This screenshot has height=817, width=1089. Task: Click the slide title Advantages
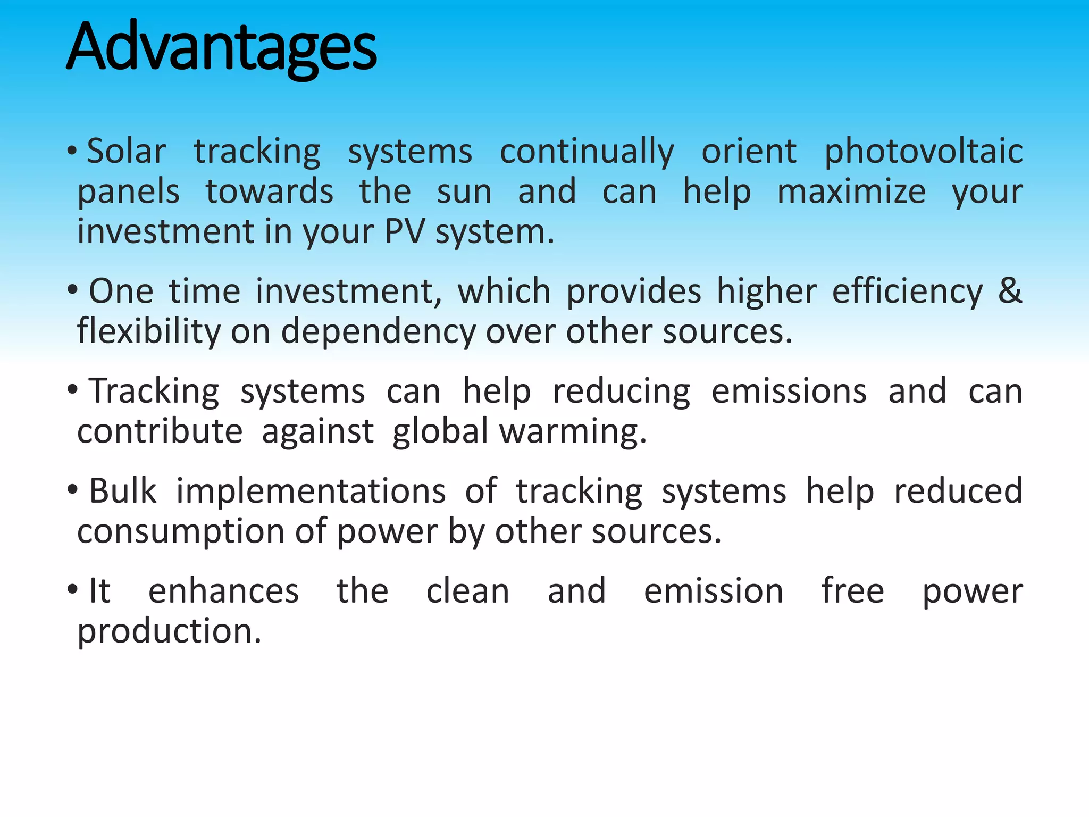[x=221, y=48]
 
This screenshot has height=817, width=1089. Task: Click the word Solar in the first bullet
[x=126, y=151]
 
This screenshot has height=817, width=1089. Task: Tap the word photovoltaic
[x=923, y=152]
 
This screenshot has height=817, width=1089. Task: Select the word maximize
[x=851, y=192]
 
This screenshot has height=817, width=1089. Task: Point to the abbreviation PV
[x=405, y=232]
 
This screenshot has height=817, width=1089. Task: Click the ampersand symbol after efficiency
[x=1010, y=291]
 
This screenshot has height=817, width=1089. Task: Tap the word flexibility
[x=148, y=332]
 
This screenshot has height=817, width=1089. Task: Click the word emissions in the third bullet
[x=789, y=391]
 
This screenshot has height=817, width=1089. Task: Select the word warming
[x=573, y=432]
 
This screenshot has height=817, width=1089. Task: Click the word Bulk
[x=122, y=490]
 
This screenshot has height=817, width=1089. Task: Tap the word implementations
[x=311, y=491]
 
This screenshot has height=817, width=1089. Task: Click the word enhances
[x=223, y=591]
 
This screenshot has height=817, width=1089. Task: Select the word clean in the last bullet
[x=467, y=591]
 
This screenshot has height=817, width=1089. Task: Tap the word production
[x=169, y=632]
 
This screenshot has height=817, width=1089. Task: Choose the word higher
[x=766, y=292]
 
